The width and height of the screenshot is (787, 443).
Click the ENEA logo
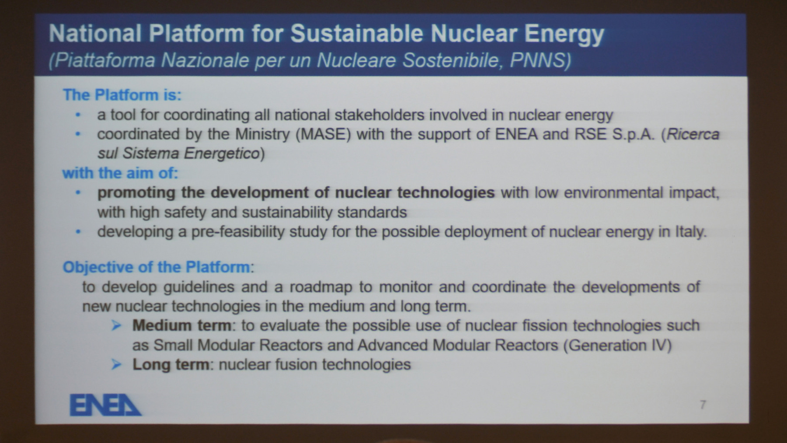tap(105, 405)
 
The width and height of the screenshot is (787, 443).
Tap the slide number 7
tap(703, 405)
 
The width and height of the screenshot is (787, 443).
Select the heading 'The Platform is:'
tap(122, 95)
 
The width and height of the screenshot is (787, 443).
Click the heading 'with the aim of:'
tap(120, 173)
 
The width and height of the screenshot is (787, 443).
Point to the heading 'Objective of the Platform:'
tap(158, 267)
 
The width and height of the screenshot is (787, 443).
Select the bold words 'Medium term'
tap(182, 325)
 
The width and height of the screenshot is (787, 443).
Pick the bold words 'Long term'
tap(171, 364)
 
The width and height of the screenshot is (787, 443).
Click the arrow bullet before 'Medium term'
tap(116, 325)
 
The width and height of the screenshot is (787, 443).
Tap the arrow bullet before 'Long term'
tap(116, 364)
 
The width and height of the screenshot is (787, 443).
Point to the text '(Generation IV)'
tap(617, 345)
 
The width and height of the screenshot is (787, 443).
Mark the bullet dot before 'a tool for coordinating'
tap(78, 115)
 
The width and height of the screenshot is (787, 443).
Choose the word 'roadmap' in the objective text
tap(321, 287)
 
